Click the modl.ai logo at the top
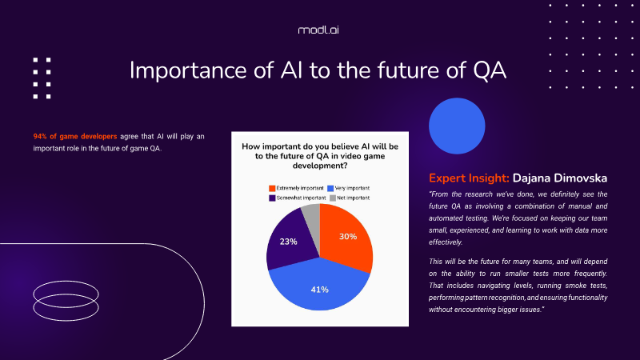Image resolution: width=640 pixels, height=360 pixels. (318, 30)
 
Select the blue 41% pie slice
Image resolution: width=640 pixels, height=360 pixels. (319, 286)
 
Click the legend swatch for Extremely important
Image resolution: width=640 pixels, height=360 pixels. (272, 188)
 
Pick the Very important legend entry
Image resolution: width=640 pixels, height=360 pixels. (348, 188)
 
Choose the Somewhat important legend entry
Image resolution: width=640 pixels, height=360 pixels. (297, 198)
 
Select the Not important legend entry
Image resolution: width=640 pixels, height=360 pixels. (350, 198)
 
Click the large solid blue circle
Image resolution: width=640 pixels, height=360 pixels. (457, 126)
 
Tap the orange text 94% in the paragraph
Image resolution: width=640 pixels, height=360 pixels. (40, 136)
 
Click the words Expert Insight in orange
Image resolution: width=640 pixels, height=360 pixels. (469, 178)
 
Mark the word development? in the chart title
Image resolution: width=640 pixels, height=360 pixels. (320, 166)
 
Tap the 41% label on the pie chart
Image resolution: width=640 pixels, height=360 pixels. (319, 290)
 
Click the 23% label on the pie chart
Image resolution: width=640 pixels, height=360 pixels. (288, 242)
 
